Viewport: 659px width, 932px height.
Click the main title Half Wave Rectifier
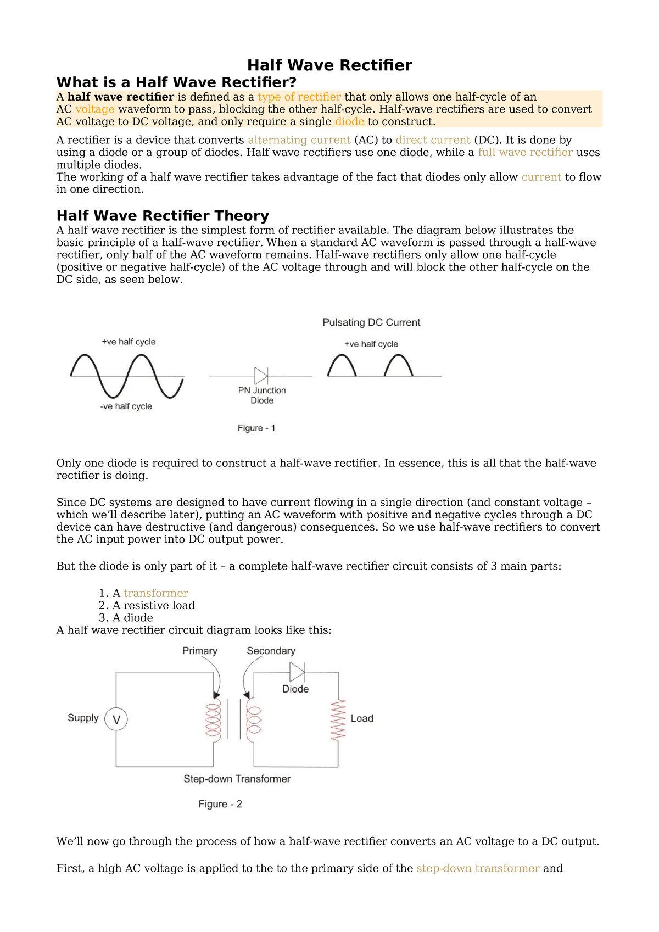point(329,65)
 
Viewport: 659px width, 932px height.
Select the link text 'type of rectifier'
point(299,97)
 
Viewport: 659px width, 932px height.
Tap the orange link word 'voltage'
point(95,109)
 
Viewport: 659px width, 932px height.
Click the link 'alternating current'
point(299,140)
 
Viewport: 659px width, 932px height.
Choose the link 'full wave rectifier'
point(525,153)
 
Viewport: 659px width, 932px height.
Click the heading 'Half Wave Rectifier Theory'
point(163,215)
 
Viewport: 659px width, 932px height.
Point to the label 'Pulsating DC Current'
point(371,322)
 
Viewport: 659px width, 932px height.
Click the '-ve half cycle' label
point(126,406)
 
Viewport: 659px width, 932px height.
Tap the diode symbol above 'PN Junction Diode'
point(261,376)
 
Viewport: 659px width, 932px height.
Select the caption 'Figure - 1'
point(256,428)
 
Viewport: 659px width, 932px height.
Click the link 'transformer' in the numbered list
point(156,593)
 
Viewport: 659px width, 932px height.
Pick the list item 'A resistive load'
point(153,605)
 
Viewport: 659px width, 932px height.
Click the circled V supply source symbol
point(116,719)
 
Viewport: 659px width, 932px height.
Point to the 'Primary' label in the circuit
point(200,651)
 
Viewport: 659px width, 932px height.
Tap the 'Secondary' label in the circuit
point(271,651)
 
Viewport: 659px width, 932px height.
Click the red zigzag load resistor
point(338,719)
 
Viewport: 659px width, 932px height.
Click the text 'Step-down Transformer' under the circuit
point(237,779)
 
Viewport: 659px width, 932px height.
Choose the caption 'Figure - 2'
point(220,804)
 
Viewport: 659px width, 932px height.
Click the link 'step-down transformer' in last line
point(478,868)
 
